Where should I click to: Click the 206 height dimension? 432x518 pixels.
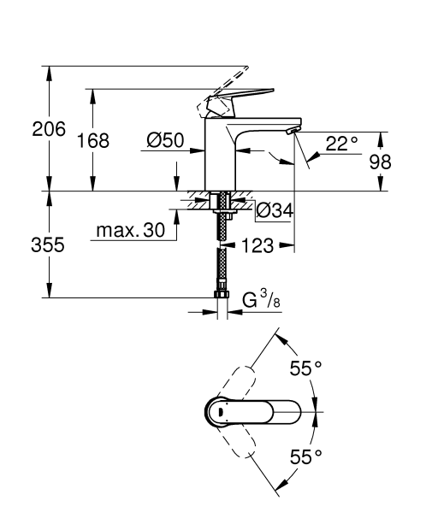click(49, 130)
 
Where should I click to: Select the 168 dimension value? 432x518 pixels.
click(92, 141)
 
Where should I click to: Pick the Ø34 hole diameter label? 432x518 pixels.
click(275, 209)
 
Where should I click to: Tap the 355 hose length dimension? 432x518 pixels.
click(49, 244)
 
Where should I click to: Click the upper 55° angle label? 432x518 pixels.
click(305, 368)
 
